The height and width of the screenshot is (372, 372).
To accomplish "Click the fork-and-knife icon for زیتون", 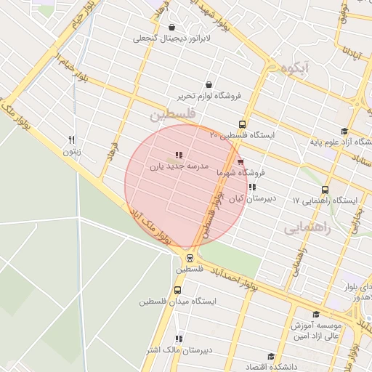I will coord(70,139).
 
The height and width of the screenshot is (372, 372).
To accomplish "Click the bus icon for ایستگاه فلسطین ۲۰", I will coord(243,124).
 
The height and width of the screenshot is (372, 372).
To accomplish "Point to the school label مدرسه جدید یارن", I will coord(179,166).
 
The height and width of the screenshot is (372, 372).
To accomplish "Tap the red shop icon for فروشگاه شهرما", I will coord(240,161).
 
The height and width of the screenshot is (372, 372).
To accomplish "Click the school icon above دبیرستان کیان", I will coord(251,187).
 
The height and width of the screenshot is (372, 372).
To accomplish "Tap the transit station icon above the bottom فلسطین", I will coord(190,256).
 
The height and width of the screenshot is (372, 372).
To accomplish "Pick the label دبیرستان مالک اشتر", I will coord(178,349).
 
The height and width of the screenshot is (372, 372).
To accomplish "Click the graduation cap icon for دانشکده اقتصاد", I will coord(272,356).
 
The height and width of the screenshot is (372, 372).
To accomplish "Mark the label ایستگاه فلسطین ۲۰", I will coord(239,135).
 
